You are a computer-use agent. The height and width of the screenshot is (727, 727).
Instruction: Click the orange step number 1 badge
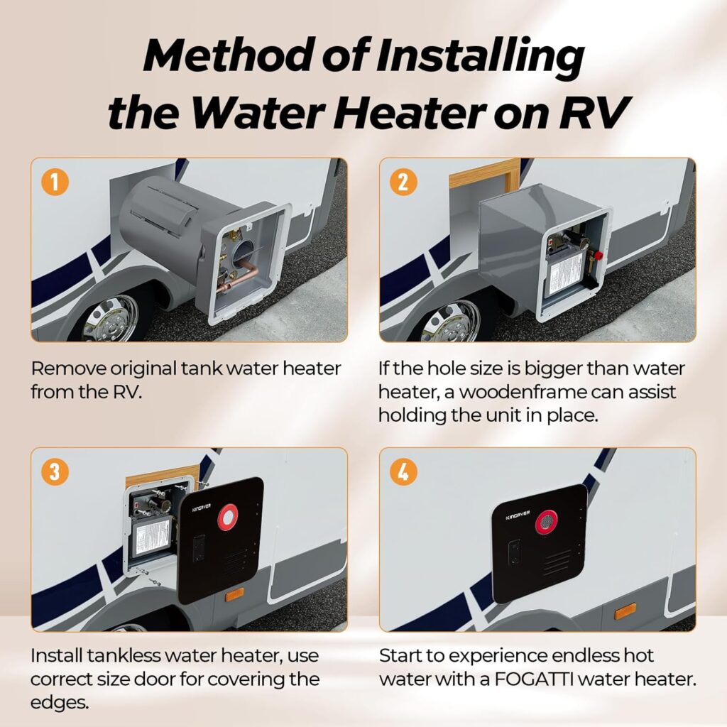[55, 182]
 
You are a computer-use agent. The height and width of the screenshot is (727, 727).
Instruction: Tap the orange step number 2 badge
[403, 182]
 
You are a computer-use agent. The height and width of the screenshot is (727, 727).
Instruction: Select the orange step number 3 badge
[55, 471]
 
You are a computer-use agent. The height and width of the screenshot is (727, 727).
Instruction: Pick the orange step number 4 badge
[403, 471]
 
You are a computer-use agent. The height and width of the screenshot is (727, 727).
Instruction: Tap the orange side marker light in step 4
[625, 611]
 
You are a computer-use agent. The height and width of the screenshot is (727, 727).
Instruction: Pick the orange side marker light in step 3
[235, 593]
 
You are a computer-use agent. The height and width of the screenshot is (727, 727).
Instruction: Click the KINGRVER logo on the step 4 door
[518, 517]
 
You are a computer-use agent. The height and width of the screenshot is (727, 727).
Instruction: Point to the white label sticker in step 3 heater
[151, 535]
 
